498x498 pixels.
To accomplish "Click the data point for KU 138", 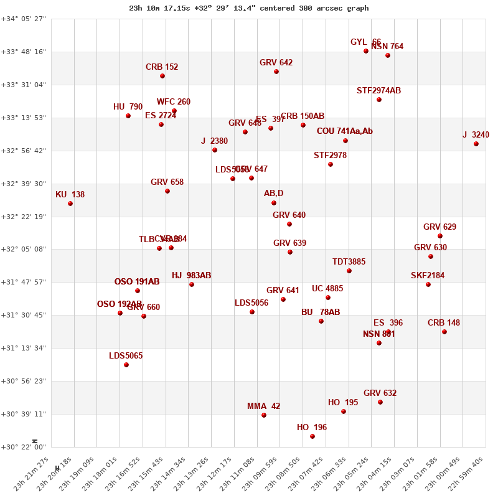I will tap(70, 204).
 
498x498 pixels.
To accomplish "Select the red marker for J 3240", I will tap(476, 144).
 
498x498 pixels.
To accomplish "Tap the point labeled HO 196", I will tap(312, 436).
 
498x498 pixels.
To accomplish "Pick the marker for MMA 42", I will tap(264, 415).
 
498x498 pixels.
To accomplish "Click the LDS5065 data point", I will tap(126, 365).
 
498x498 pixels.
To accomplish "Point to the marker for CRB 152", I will tap(162, 76).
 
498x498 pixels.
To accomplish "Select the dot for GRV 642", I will tap(276, 72).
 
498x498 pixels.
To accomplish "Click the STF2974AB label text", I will tap(378, 91).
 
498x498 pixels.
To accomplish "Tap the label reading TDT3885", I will tap(349, 262).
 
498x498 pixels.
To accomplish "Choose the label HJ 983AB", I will tap(191, 276).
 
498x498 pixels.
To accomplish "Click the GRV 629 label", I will tap(439, 227).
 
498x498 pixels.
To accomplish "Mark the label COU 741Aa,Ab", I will tap(344, 131).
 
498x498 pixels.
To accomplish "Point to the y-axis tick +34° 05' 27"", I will tap(24, 19).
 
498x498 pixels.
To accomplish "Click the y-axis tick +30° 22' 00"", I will tap(24, 447).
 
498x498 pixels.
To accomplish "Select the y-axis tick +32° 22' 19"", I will tap(24, 217).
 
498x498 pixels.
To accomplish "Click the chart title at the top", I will tap(249, 8).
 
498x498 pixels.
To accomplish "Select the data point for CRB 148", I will tap(444, 332).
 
